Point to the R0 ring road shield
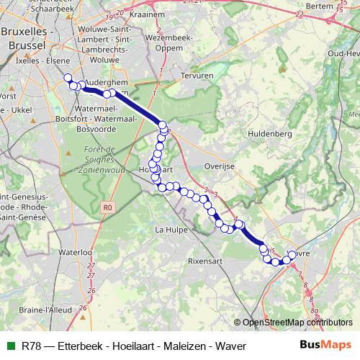tap(108, 208)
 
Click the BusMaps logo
tap(325, 346)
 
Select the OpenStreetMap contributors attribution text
tap(297, 323)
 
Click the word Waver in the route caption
tap(232, 346)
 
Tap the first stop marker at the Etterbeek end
tap(68, 78)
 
